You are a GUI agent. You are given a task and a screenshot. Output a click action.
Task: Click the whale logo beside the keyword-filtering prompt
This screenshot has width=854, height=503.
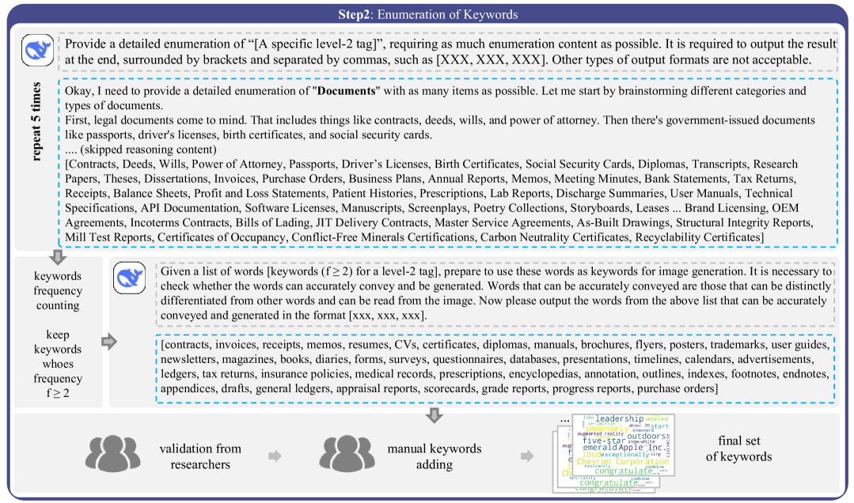tap(130, 278)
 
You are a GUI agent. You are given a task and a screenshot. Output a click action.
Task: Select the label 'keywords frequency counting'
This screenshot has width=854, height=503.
tap(57, 291)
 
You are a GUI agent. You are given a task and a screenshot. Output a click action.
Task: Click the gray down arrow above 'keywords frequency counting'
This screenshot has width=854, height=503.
tap(57, 257)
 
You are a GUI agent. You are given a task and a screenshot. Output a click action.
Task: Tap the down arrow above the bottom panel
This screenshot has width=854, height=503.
tap(434, 414)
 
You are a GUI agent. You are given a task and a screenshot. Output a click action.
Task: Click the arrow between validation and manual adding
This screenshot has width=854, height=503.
tap(274, 456)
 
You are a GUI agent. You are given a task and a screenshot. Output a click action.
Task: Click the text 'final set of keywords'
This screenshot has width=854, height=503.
tap(745, 448)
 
